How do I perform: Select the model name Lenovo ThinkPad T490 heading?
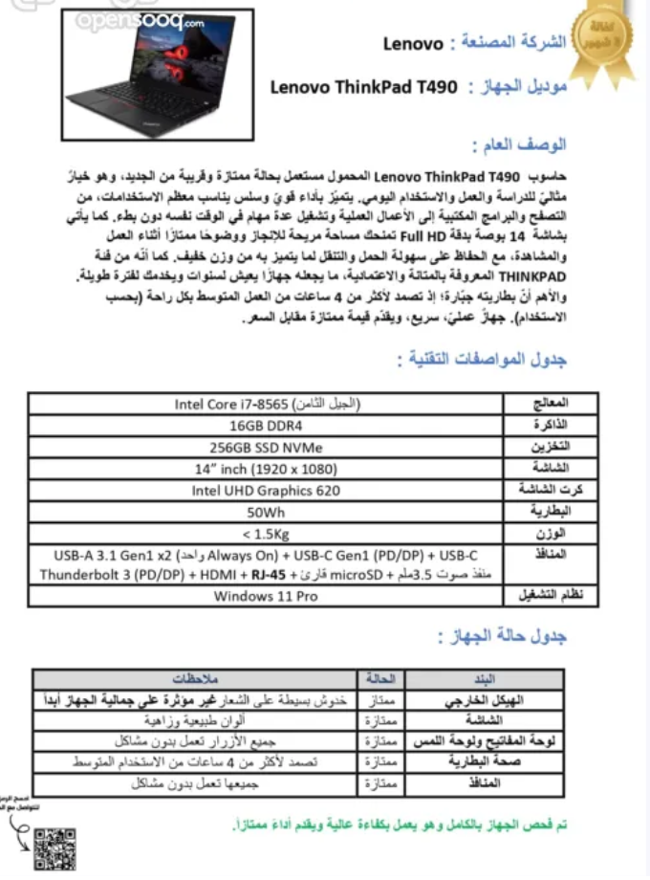pos(364,87)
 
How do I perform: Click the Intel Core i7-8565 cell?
pos(268,404)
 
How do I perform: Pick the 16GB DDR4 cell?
pos(267,426)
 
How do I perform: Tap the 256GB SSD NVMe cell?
pos(267,447)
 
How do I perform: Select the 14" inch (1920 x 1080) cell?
pos(267,469)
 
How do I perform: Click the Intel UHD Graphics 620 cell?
pos(267,491)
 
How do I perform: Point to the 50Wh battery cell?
pos(267,512)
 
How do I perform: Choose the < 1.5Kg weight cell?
pos(267,534)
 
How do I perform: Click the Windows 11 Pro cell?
pos(267,596)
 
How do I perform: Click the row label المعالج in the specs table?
pos(550,404)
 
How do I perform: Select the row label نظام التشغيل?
pos(550,596)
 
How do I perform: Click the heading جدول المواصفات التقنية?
pos(482,360)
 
